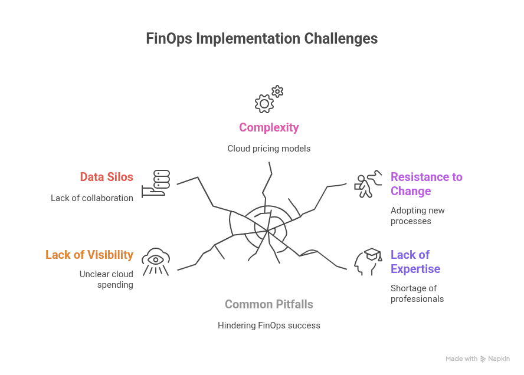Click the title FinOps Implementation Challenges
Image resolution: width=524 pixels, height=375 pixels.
pyautogui.click(x=261, y=39)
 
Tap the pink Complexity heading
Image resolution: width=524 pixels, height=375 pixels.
pyautogui.click(x=268, y=127)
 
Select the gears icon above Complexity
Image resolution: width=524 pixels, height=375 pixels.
pyautogui.click(x=268, y=100)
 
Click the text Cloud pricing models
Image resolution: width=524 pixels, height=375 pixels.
pyautogui.click(x=268, y=149)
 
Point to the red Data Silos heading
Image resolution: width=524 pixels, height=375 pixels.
pyautogui.click(x=107, y=177)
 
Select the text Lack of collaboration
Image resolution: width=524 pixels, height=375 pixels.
pyautogui.click(x=92, y=198)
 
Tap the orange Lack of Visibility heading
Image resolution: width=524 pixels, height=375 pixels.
pyautogui.click(x=89, y=255)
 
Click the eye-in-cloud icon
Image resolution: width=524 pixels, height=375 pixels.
pyautogui.click(x=156, y=261)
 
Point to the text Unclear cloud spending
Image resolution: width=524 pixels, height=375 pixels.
pyautogui.click(x=106, y=279)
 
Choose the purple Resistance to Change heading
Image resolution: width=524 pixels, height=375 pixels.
pyautogui.click(x=426, y=184)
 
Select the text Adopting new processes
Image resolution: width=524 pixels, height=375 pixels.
pyautogui.click(x=417, y=216)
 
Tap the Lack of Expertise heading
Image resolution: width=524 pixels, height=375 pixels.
pyautogui.click(x=415, y=262)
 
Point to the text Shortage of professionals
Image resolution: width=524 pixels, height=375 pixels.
pyautogui.click(x=417, y=294)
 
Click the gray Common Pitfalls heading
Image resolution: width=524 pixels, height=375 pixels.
pyautogui.click(x=268, y=304)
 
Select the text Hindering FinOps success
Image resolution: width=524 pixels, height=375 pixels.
pyautogui.click(x=268, y=325)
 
